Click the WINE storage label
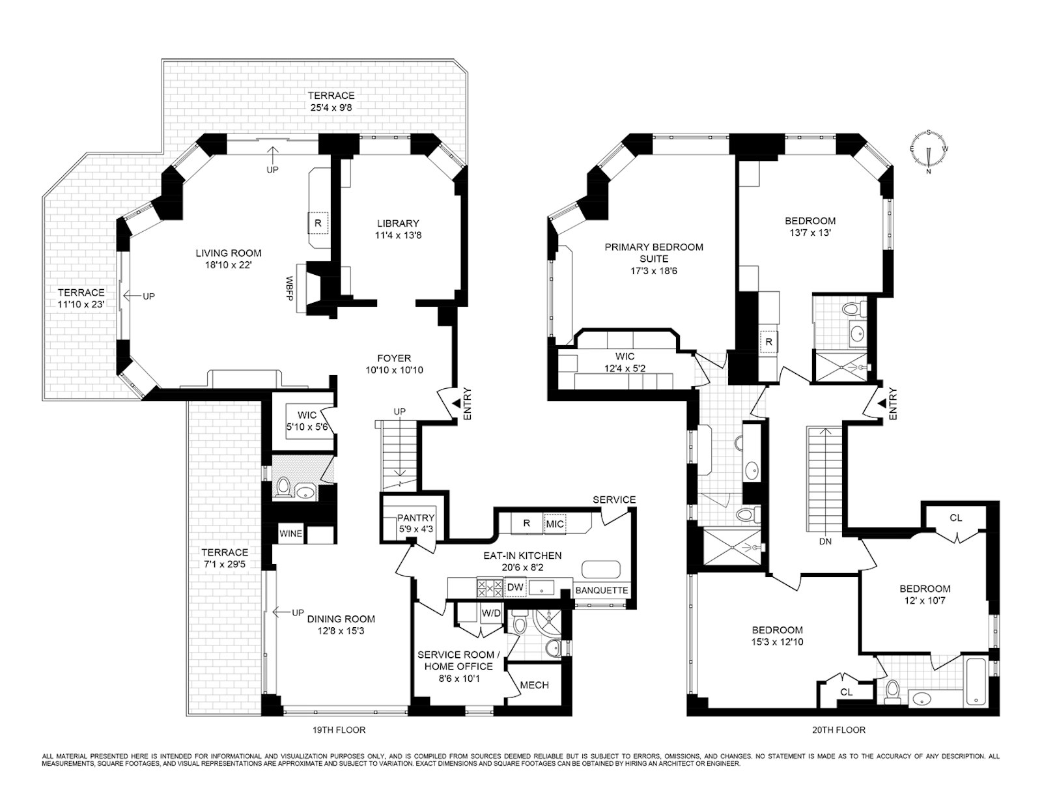coord(290,533)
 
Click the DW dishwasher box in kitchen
coord(515,587)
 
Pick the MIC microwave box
coord(556,523)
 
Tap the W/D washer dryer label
coord(492,613)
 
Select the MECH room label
coord(534,685)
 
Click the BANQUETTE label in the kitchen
coord(602,590)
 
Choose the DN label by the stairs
coord(825,541)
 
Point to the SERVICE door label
coord(614,500)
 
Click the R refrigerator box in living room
coord(318,223)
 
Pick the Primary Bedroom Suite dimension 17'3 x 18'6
coord(654,270)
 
